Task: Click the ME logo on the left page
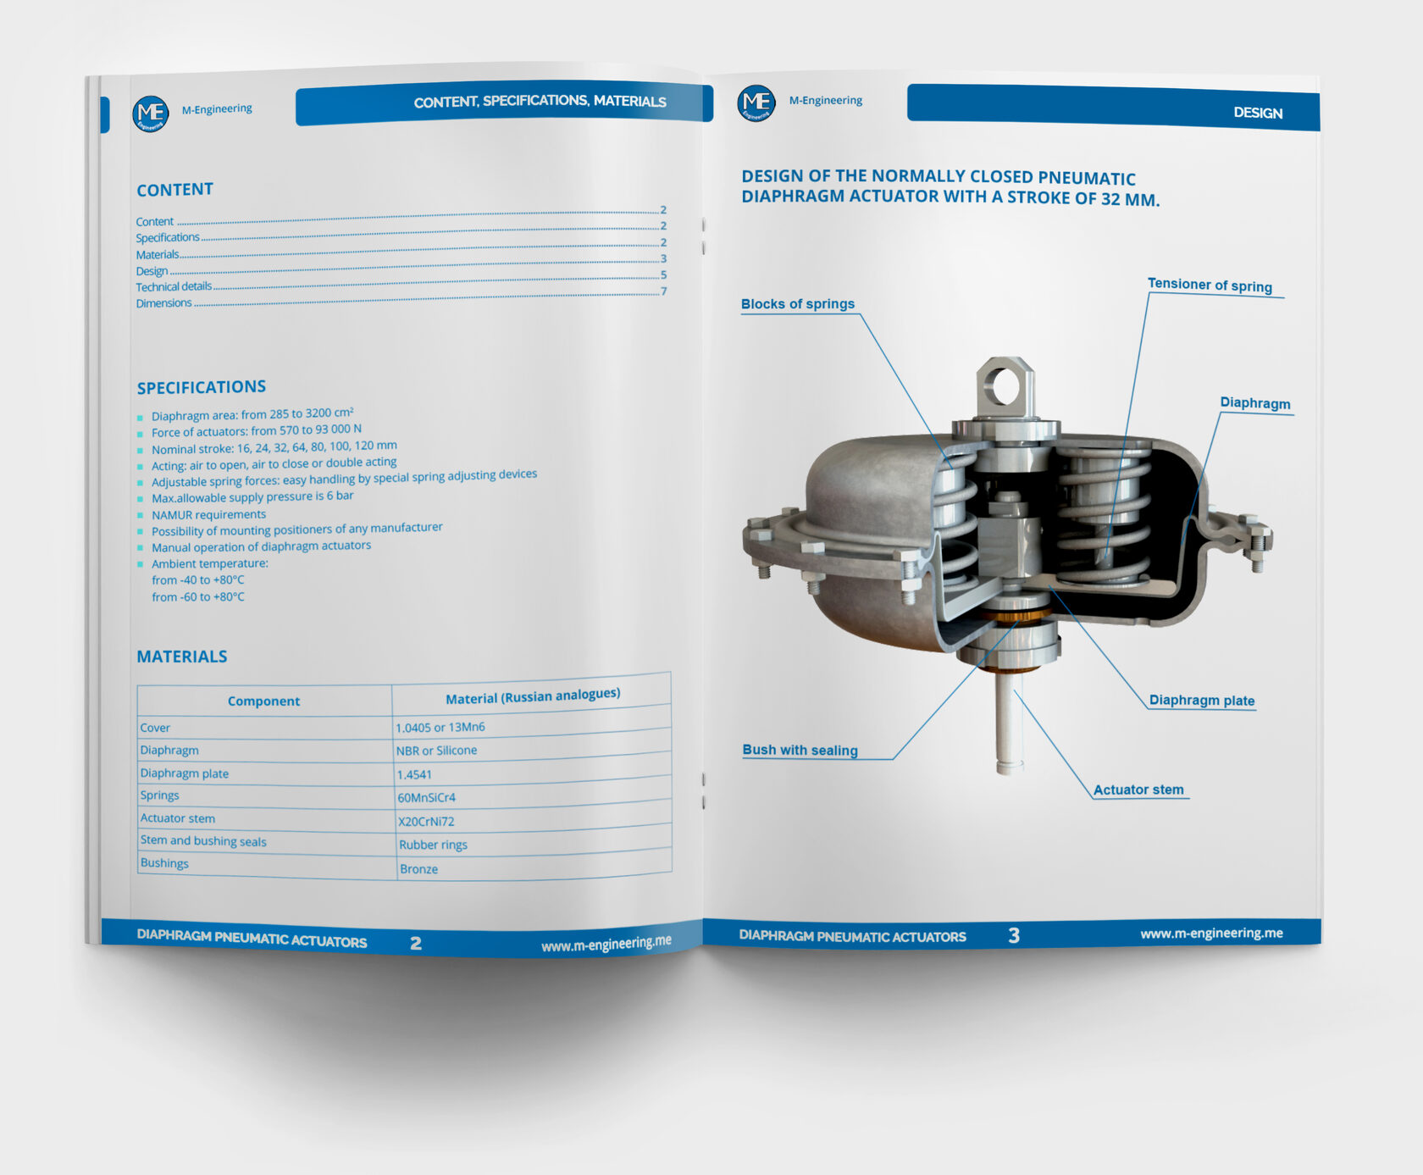[x=151, y=114]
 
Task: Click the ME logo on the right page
[x=756, y=103]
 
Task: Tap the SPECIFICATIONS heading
[x=202, y=387]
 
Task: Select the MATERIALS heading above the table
[x=182, y=657]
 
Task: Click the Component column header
[x=263, y=701]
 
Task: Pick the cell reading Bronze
[x=418, y=869]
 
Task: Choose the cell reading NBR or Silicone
[x=436, y=751]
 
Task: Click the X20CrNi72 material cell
[x=426, y=821]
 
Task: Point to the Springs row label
[x=159, y=795]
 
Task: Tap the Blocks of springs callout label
[x=798, y=304]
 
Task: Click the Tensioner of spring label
[x=1210, y=285]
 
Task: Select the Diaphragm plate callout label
[x=1202, y=701]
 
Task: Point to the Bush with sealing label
[x=800, y=750]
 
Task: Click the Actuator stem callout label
[x=1138, y=790]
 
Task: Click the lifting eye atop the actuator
[x=1005, y=387]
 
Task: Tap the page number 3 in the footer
[x=1014, y=935]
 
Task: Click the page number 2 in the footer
[x=416, y=943]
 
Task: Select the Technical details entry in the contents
[x=174, y=286]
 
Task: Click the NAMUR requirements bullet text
[x=208, y=514]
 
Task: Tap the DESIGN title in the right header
[x=1258, y=113]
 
